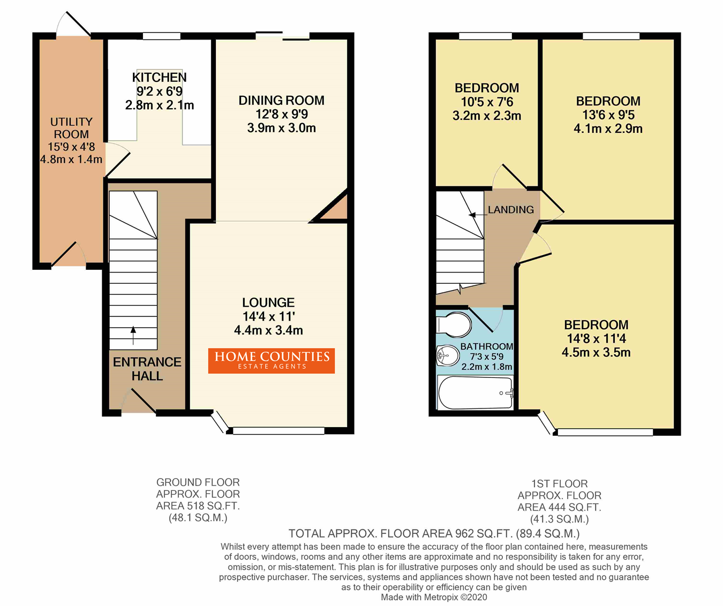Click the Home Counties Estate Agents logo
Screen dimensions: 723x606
(271, 361)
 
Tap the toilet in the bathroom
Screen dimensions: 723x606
(454, 325)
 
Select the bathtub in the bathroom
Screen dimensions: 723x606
(475, 393)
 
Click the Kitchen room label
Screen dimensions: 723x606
(159, 77)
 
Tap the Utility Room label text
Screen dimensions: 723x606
(71, 128)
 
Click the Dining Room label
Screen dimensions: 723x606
(282, 100)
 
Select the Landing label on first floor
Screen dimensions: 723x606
(511, 209)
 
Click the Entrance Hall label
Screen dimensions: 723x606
(147, 369)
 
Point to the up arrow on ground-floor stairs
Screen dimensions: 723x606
(133, 335)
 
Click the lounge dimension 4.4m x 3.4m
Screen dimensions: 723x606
(268, 330)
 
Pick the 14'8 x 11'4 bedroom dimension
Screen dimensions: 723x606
(596, 338)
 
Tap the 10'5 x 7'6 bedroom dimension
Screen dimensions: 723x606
(487, 102)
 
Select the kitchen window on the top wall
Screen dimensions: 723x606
(162, 36)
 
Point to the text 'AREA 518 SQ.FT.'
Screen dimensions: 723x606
(198, 506)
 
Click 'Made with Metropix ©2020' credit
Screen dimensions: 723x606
(434, 597)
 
